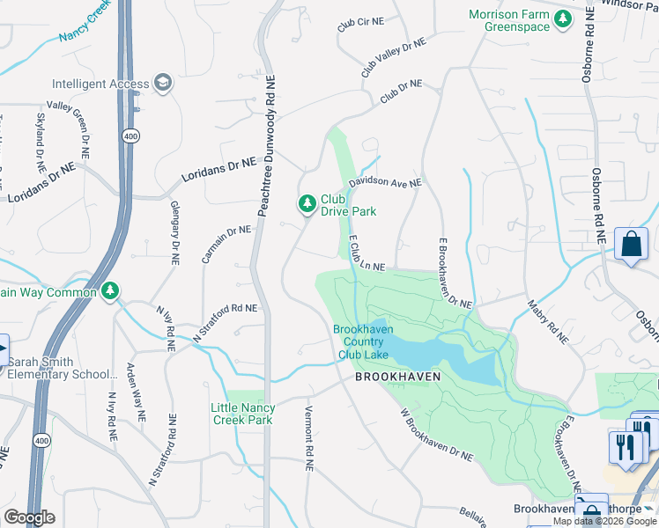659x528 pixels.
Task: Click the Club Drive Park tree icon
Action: [x=307, y=204]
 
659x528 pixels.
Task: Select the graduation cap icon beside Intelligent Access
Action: [x=161, y=84]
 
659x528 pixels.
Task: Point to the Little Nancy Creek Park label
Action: [x=243, y=414]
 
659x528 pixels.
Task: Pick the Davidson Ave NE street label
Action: [x=385, y=183]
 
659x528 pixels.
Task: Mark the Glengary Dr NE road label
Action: [x=174, y=232]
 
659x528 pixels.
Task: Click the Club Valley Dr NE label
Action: [x=393, y=57]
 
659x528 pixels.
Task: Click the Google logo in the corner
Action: [x=29, y=517]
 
